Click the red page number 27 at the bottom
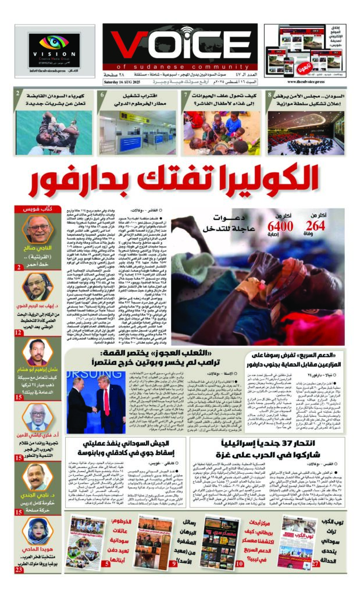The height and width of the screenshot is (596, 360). pyautogui.click(x=316, y=563)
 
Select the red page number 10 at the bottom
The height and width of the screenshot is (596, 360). pyautogui.click(x=239, y=563)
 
